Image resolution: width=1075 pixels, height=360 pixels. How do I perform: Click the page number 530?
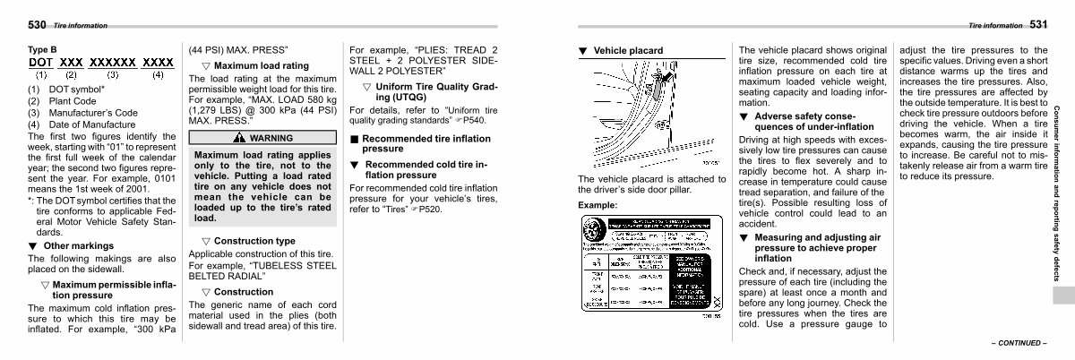click(x=39, y=25)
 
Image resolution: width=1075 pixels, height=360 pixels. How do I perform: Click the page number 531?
click(x=1038, y=25)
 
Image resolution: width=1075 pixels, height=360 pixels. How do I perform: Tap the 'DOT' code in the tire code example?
click(x=41, y=63)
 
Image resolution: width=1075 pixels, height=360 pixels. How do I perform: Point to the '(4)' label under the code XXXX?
click(x=158, y=75)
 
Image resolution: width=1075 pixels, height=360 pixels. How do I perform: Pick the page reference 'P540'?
click(x=473, y=119)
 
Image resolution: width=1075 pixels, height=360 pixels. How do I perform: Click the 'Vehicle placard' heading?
click(x=628, y=50)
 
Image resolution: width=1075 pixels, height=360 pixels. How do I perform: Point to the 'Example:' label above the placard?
click(x=598, y=205)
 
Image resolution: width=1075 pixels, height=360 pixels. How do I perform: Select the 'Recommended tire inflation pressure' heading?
click(x=426, y=144)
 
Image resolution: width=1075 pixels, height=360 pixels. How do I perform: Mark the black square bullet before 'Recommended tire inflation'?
click(x=354, y=140)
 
